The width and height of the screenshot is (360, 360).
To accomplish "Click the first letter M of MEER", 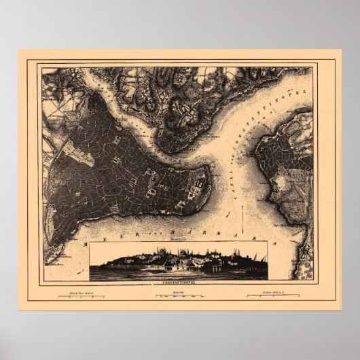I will coord(84,241).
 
